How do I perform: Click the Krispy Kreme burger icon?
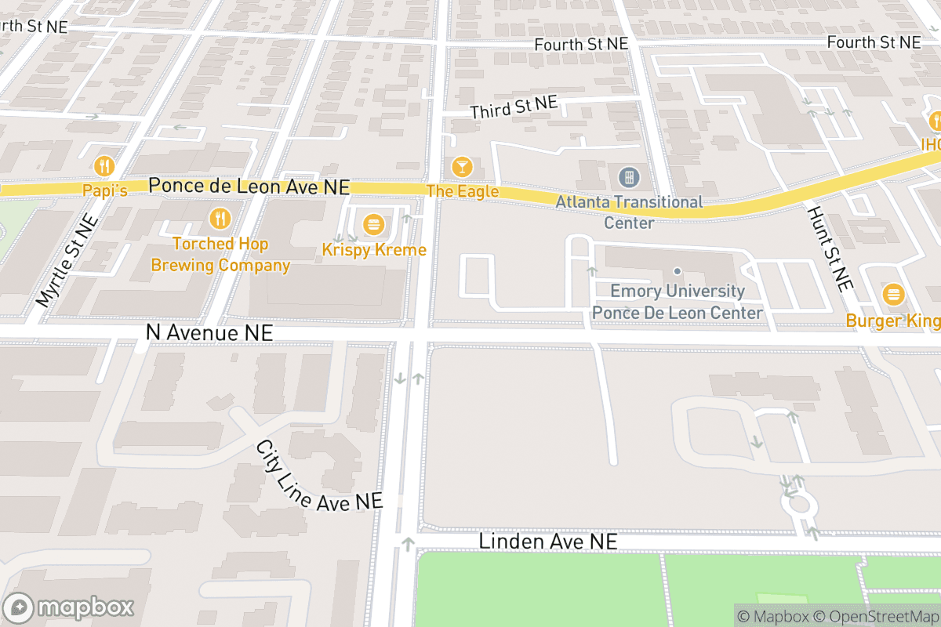pyautogui.click(x=372, y=226)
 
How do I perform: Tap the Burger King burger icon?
pyautogui.click(x=892, y=295)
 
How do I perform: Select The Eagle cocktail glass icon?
pyautogui.click(x=463, y=166)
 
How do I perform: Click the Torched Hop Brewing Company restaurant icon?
pyautogui.click(x=221, y=218)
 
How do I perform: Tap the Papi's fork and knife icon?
pyautogui.click(x=104, y=166)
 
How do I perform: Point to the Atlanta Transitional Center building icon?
pyautogui.click(x=629, y=177)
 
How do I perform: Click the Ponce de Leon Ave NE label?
pyautogui.click(x=249, y=187)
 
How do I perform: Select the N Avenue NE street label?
pyautogui.click(x=209, y=333)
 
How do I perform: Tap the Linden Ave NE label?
pyautogui.click(x=548, y=542)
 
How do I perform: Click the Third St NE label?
pyautogui.click(x=514, y=107)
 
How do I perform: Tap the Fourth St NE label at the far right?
pyautogui.click(x=874, y=42)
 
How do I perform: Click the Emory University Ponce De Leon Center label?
pyautogui.click(x=678, y=303)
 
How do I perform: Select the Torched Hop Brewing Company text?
pyautogui.click(x=220, y=255)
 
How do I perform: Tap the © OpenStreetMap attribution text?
pyautogui.click(x=875, y=616)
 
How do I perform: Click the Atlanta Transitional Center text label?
pyautogui.click(x=629, y=212)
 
